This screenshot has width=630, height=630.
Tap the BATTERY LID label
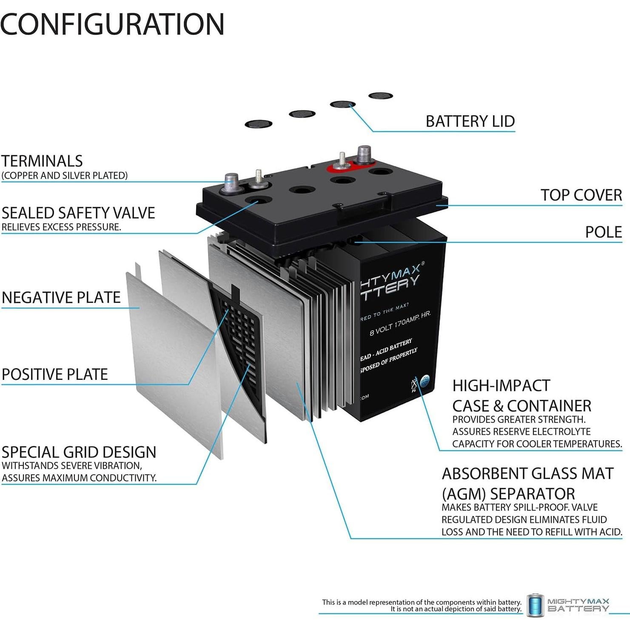(x=470, y=121)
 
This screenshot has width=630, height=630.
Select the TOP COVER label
(x=581, y=195)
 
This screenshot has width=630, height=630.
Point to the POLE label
(x=603, y=232)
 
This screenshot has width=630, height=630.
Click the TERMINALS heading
(x=42, y=161)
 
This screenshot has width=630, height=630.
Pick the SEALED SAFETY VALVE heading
(x=78, y=213)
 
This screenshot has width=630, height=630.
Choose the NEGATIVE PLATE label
(x=61, y=297)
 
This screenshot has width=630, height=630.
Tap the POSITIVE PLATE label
(x=55, y=374)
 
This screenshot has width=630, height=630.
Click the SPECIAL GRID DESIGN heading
(x=79, y=452)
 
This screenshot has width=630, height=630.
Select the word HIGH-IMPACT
(x=501, y=386)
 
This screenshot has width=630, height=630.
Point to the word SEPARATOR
(x=532, y=494)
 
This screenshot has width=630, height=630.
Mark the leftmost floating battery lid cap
(x=259, y=124)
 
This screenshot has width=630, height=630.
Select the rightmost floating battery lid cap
(x=380, y=96)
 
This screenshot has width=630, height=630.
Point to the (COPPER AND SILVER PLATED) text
(x=65, y=176)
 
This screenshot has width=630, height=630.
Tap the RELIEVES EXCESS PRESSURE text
(x=61, y=227)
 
